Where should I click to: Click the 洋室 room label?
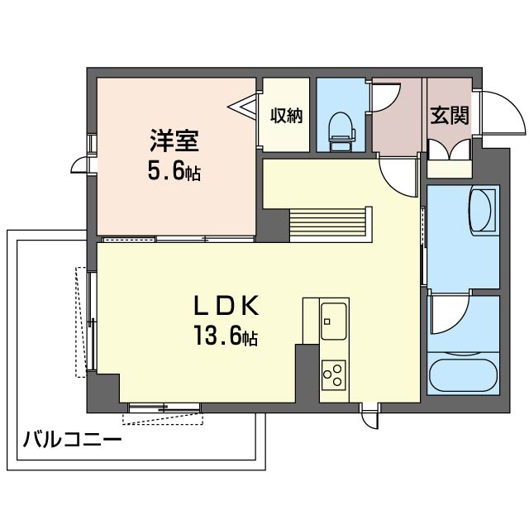coord(174,141)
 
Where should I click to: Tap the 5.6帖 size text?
coord(174,173)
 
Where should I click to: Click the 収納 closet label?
coord(286,116)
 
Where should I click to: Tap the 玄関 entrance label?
coord(449,116)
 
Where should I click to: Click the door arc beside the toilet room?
coord(385,96)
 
